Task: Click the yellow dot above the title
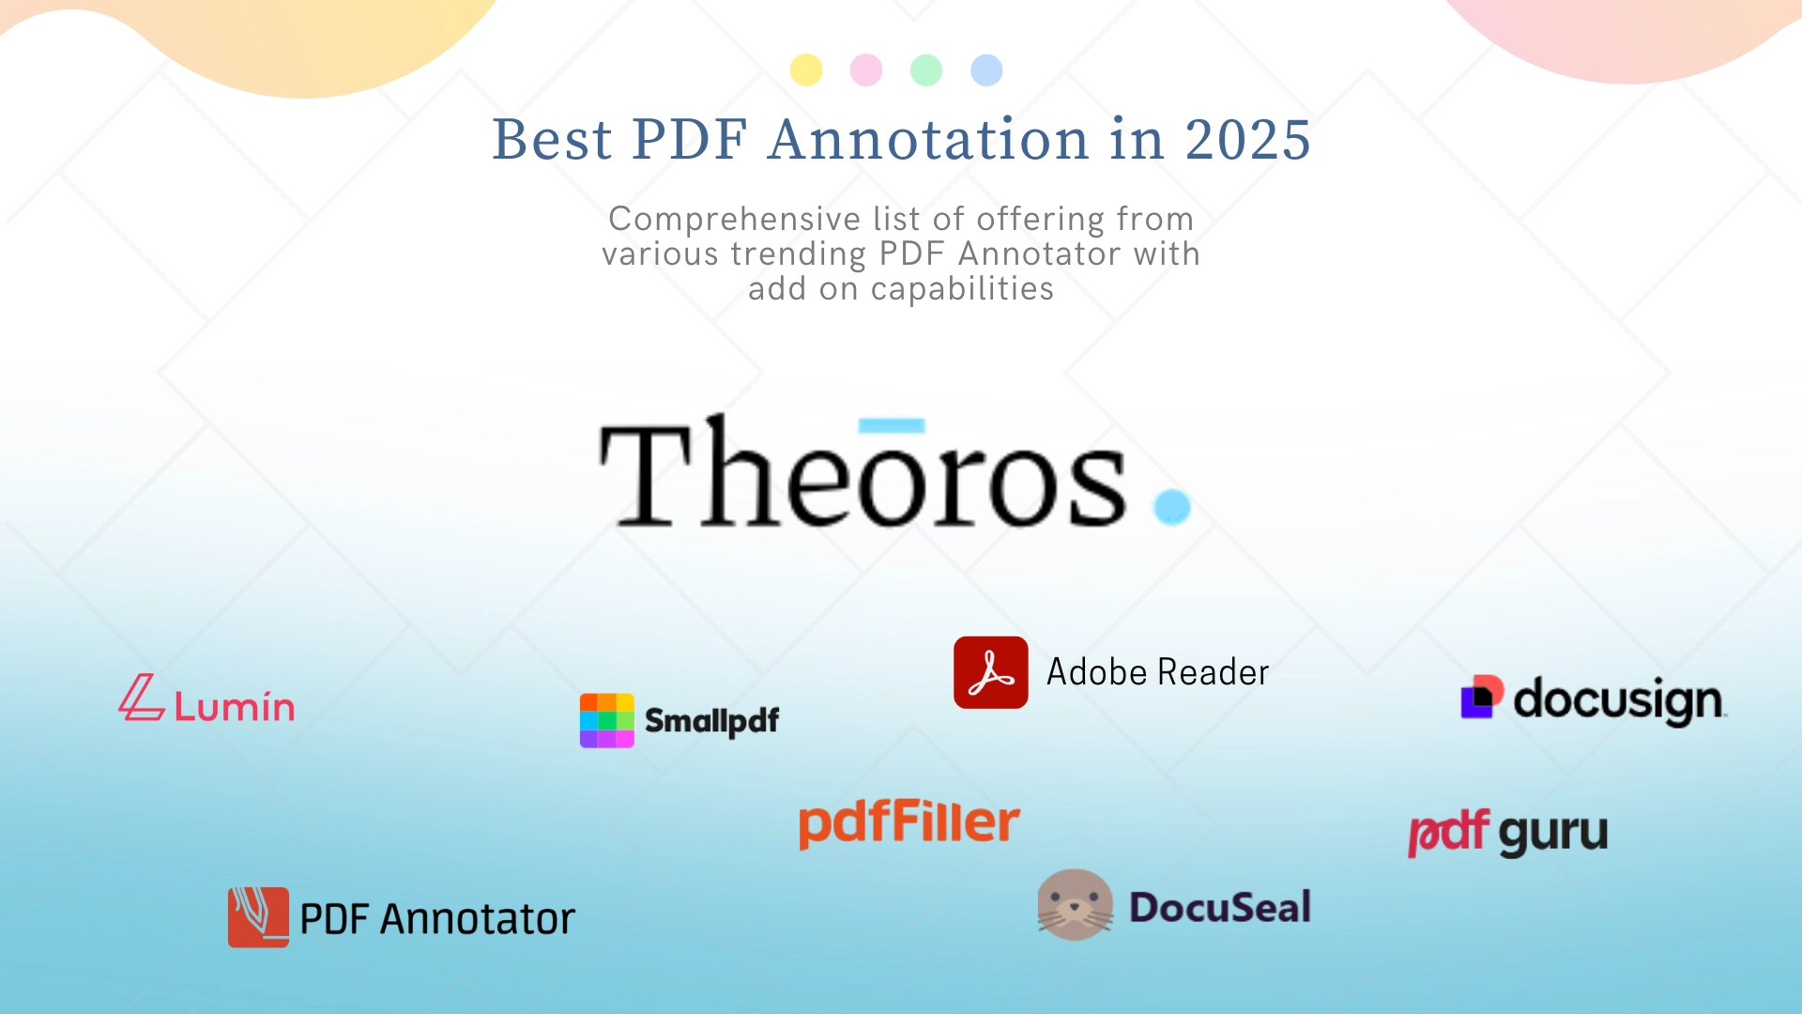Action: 806,70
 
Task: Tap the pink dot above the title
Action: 866,70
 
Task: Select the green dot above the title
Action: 926,70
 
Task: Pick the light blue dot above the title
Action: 986,70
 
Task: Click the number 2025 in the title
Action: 1247,140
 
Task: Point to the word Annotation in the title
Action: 928,140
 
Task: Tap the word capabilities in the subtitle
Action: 962,288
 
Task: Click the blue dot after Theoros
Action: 1172,507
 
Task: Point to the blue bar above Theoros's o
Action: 892,425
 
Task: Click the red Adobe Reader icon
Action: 991,672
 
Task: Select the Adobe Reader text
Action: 1157,672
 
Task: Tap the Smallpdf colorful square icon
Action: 607,720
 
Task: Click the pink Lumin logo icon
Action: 142,699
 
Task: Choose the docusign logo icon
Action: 1482,698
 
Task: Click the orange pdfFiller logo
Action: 909,822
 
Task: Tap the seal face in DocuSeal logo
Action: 1075,905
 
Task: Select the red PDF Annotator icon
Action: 258,917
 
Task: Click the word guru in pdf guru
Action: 1552,834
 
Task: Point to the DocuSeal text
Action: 1220,907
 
